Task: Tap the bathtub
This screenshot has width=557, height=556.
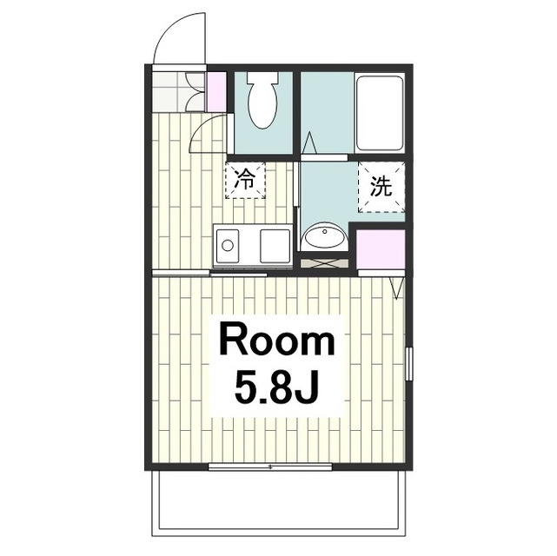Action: (380, 113)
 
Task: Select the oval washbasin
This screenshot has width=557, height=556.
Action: (324, 235)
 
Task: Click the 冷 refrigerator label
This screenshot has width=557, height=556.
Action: (245, 180)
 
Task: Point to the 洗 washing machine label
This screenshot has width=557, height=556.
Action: (381, 186)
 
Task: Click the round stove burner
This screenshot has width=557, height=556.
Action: (228, 246)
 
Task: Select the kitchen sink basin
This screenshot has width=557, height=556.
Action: (275, 246)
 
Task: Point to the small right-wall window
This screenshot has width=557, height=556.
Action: (409, 363)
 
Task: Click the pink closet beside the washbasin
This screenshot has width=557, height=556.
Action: (381, 249)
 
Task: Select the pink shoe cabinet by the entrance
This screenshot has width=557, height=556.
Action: (216, 92)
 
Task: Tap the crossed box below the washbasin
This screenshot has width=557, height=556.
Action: (324, 262)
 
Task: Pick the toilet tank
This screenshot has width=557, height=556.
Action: (262, 77)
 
